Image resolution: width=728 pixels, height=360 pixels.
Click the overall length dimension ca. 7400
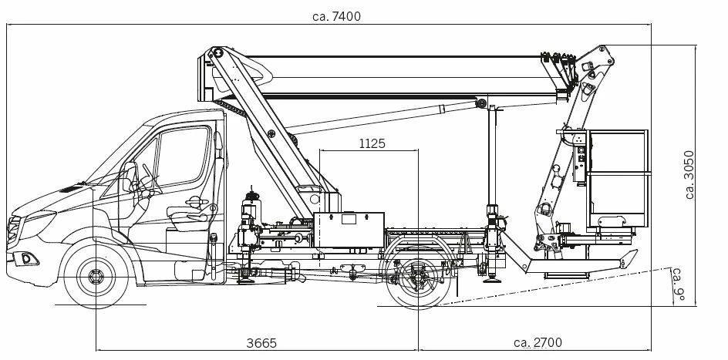tap(336, 17)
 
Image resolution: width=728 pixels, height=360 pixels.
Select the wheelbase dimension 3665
tap(261, 343)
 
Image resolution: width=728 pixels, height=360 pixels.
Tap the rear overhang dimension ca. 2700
tap(538, 343)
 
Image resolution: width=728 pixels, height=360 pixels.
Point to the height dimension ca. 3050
tap(689, 174)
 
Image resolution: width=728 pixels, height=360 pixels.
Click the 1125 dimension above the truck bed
tap(372, 144)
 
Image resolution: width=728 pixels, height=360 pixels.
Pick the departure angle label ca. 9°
tap(679, 284)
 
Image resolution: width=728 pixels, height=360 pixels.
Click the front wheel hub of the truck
tap(96, 277)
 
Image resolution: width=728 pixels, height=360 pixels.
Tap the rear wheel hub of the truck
tap(418, 278)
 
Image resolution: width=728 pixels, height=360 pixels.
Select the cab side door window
tap(183, 156)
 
